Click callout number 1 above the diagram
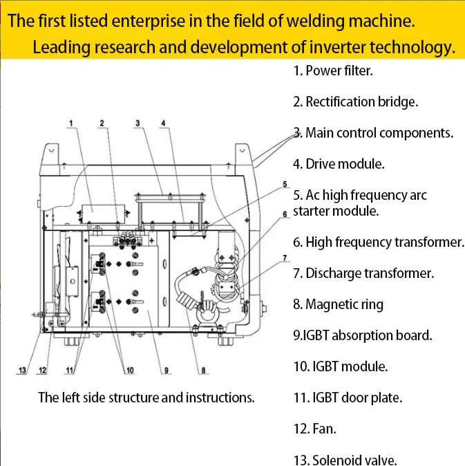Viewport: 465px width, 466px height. tap(70, 123)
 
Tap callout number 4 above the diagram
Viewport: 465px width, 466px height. tap(163, 123)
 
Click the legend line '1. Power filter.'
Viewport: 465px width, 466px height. tap(333, 71)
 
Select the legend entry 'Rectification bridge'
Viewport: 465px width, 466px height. tap(355, 102)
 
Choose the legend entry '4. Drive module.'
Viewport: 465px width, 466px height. tap(339, 164)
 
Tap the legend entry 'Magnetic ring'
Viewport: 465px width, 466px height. tap(338, 304)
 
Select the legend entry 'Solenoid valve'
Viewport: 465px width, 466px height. tap(345, 460)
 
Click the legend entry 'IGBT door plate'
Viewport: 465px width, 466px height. tap(348, 398)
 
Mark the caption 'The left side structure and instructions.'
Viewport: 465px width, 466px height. tap(146, 398)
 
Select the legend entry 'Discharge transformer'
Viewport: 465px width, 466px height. tap(363, 273)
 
